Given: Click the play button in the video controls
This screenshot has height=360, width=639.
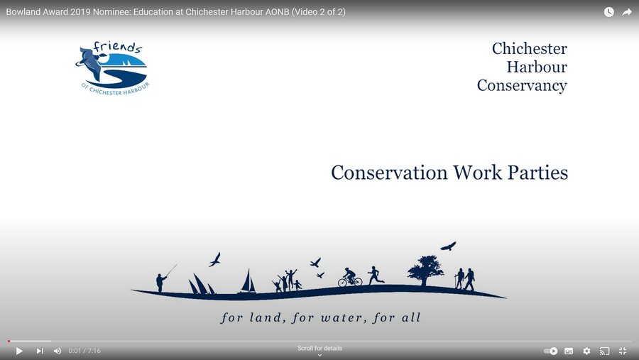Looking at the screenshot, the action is click(19, 351).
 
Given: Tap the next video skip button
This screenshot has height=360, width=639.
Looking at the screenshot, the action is click(40, 351).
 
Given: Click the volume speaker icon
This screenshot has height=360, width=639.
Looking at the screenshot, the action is click(58, 351).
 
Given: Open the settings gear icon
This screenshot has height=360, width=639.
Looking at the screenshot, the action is click(586, 351).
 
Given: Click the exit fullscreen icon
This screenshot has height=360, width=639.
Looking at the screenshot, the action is click(623, 351).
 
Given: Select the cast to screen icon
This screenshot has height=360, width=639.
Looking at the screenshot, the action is click(605, 351).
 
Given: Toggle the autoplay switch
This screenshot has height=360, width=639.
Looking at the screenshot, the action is click(550, 351).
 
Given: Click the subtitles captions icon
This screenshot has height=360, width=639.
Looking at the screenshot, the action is click(569, 351).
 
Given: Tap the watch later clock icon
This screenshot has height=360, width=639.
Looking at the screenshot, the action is click(609, 12).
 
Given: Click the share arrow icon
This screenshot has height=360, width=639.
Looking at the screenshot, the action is click(627, 12).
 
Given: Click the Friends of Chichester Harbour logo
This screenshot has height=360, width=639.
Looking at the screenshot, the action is click(113, 68).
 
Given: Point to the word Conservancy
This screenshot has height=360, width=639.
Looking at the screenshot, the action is click(522, 86).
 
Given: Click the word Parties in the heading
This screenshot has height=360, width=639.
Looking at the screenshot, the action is click(537, 173).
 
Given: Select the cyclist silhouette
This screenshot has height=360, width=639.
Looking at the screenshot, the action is click(350, 277).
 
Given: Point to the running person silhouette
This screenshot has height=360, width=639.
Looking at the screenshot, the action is click(376, 276).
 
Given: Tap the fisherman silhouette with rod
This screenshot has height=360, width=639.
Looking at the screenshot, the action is click(164, 278).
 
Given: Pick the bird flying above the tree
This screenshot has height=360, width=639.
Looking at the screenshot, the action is click(448, 246).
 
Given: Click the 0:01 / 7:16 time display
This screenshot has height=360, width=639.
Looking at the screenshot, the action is click(84, 351).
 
